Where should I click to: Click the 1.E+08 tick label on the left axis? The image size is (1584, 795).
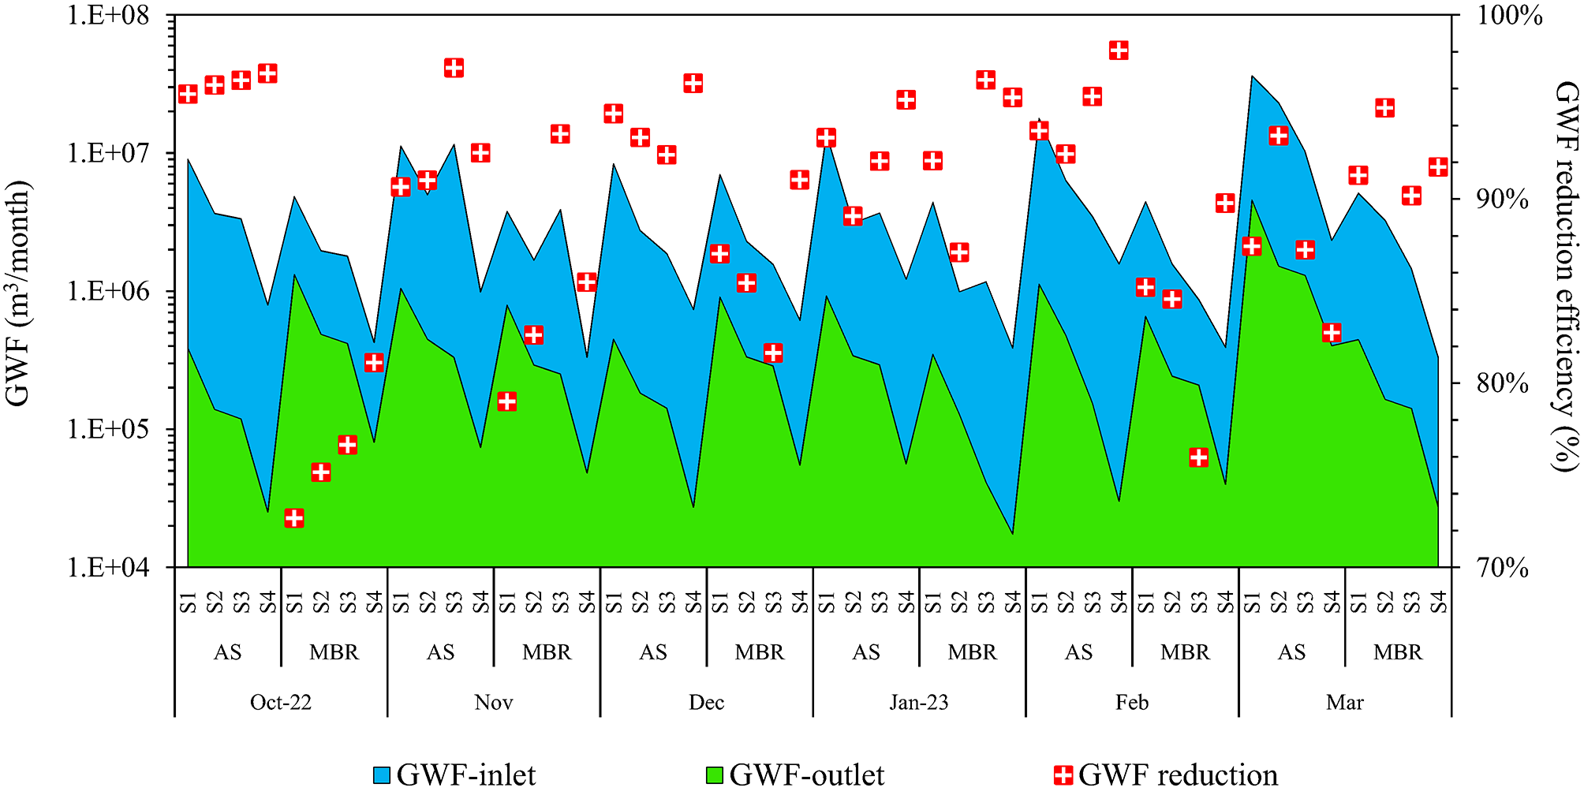click(x=108, y=15)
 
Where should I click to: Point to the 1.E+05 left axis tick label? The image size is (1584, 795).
click(x=108, y=429)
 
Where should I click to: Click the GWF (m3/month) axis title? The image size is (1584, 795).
click(x=19, y=293)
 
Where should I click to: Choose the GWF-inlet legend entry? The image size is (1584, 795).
click(x=455, y=774)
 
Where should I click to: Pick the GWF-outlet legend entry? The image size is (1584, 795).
click(x=795, y=774)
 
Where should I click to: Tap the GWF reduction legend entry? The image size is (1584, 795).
click(x=1166, y=774)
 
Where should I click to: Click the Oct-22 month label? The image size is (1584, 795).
click(x=280, y=702)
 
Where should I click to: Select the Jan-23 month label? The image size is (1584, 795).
click(x=919, y=702)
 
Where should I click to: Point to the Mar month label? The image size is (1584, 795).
click(x=1344, y=702)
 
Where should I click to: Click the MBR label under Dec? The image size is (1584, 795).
click(x=760, y=652)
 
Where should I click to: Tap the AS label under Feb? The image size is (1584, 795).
click(x=1079, y=652)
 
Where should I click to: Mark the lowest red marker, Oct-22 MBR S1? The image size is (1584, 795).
click(x=294, y=518)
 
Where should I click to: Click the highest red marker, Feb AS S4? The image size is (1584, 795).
click(x=1119, y=50)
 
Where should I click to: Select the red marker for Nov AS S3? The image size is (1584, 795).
click(x=454, y=68)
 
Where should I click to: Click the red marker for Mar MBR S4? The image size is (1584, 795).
click(x=1438, y=167)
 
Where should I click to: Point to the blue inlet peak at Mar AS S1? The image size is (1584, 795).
click(x=1253, y=77)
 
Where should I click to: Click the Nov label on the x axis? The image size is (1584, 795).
click(x=493, y=702)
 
